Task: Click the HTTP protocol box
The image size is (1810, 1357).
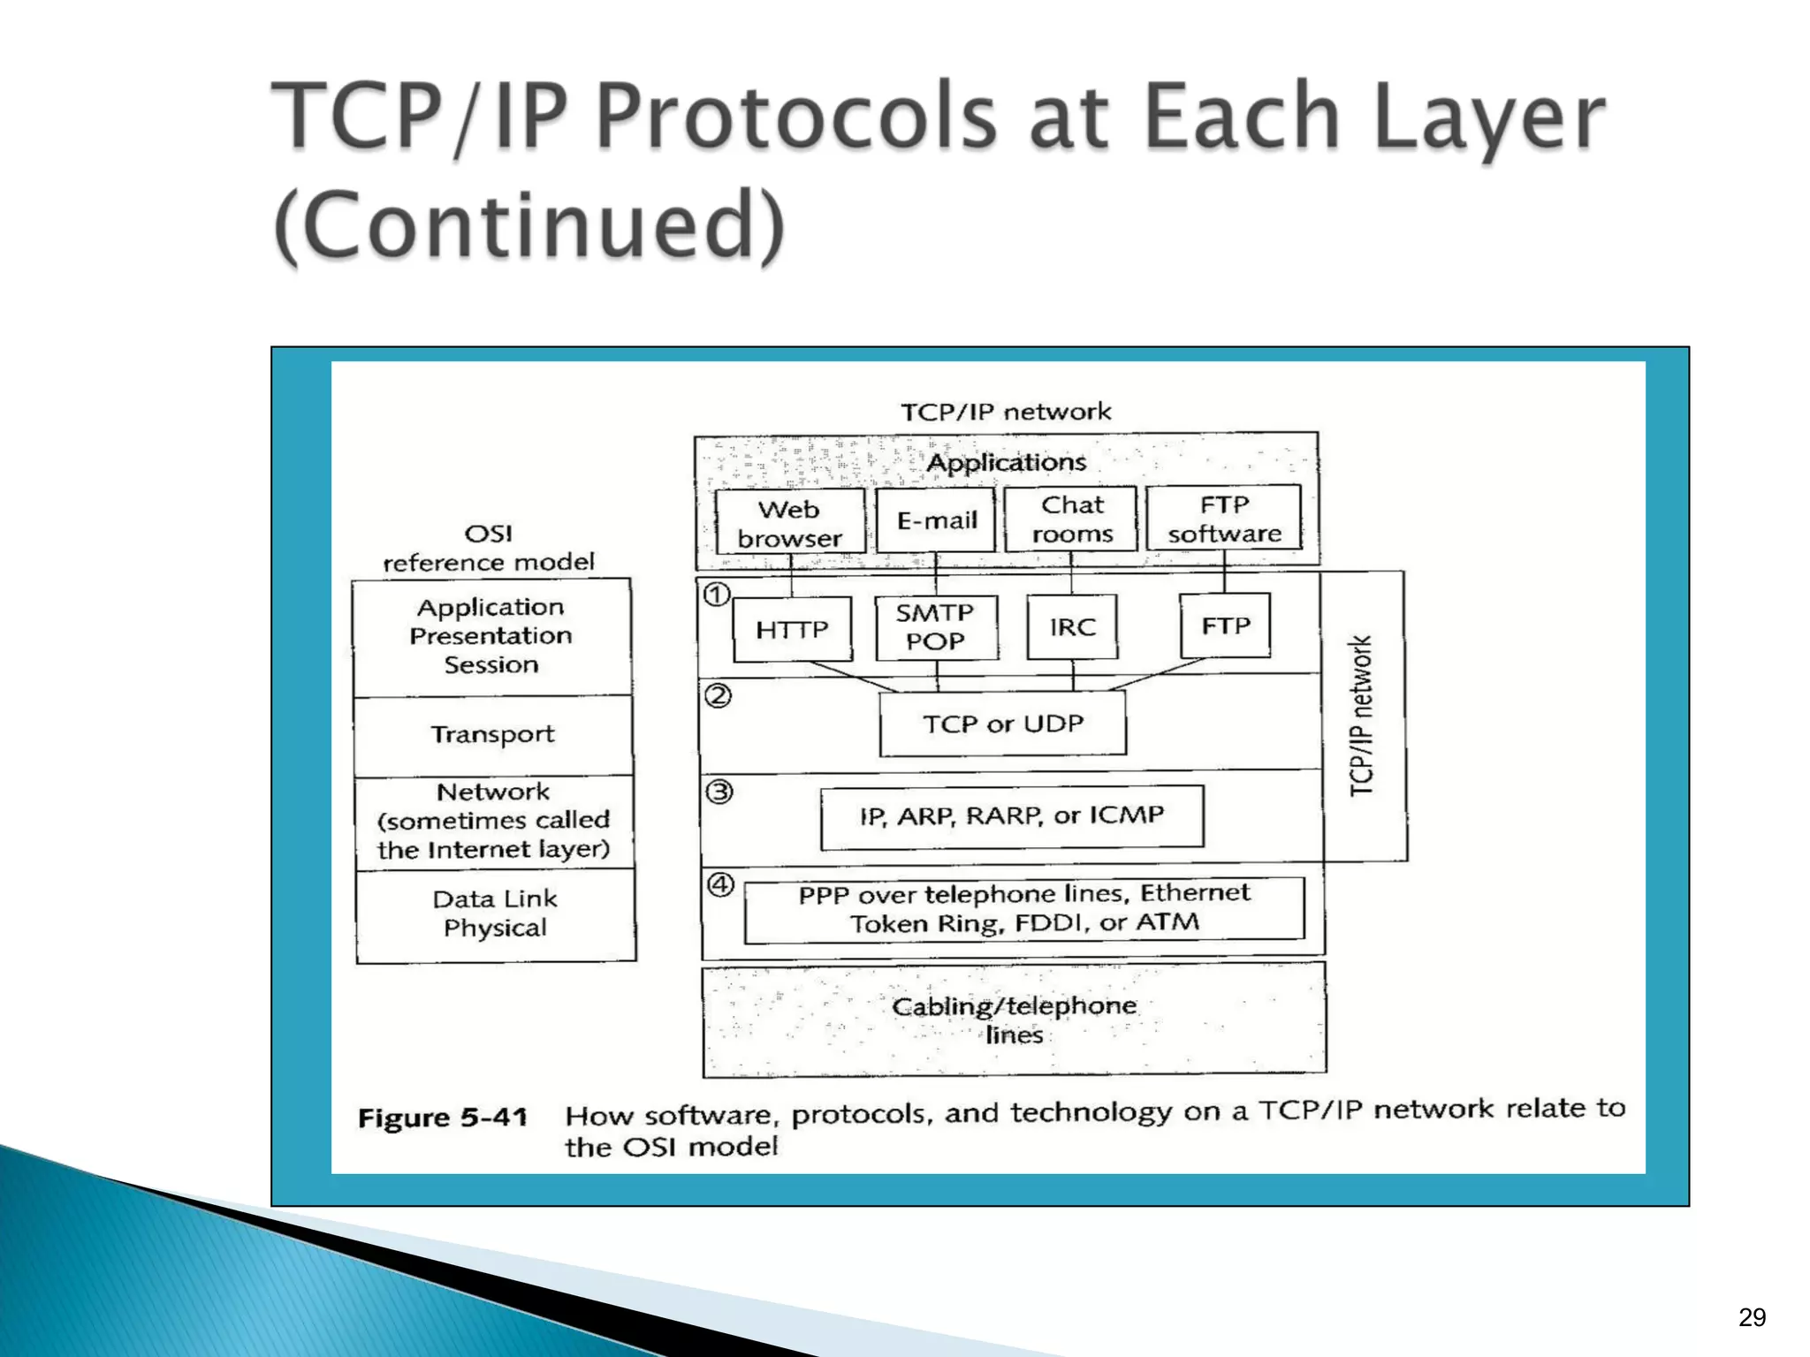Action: pyautogui.click(x=792, y=629)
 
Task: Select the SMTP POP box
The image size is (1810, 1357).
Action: pyautogui.click(x=936, y=627)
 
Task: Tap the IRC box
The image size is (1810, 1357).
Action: pyautogui.click(x=1072, y=627)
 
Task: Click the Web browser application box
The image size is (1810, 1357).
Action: pyautogui.click(x=789, y=523)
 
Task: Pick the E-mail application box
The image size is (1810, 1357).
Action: pyautogui.click(x=936, y=520)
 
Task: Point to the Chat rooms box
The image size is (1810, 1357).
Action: pyautogui.click(x=1072, y=519)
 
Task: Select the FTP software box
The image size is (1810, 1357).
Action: pyautogui.click(x=1224, y=519)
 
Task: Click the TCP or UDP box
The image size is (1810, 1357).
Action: pyautogui.click(x=1003, y=724)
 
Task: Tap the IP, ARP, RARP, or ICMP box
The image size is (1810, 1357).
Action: pyautogui.click(x=1012, y=816)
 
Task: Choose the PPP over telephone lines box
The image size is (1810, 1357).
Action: pyautogui.click(x=1024, y=909)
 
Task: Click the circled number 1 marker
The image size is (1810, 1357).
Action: pyautogui.click(x=717, y=595)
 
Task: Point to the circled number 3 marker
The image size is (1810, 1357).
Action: pyautogui.click(x=719, y=792)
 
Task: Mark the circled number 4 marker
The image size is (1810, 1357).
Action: pyautogui.click(x=721, y=884)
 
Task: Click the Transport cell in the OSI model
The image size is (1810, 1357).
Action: pyautogui.click(x=493, y=735)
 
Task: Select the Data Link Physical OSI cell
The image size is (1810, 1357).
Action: pyautogui.click(x=495, y=914)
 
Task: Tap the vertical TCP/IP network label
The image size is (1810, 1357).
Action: pyautogui.click(x=1361, y=716)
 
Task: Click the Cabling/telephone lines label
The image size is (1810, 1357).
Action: pyautogui.click(x=1014, y=1020)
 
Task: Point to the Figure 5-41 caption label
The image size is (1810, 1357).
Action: pyautogui.click(x=443, y=1118)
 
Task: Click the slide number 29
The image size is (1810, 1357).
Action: pyautogui.click(x=1752, y=1317)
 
